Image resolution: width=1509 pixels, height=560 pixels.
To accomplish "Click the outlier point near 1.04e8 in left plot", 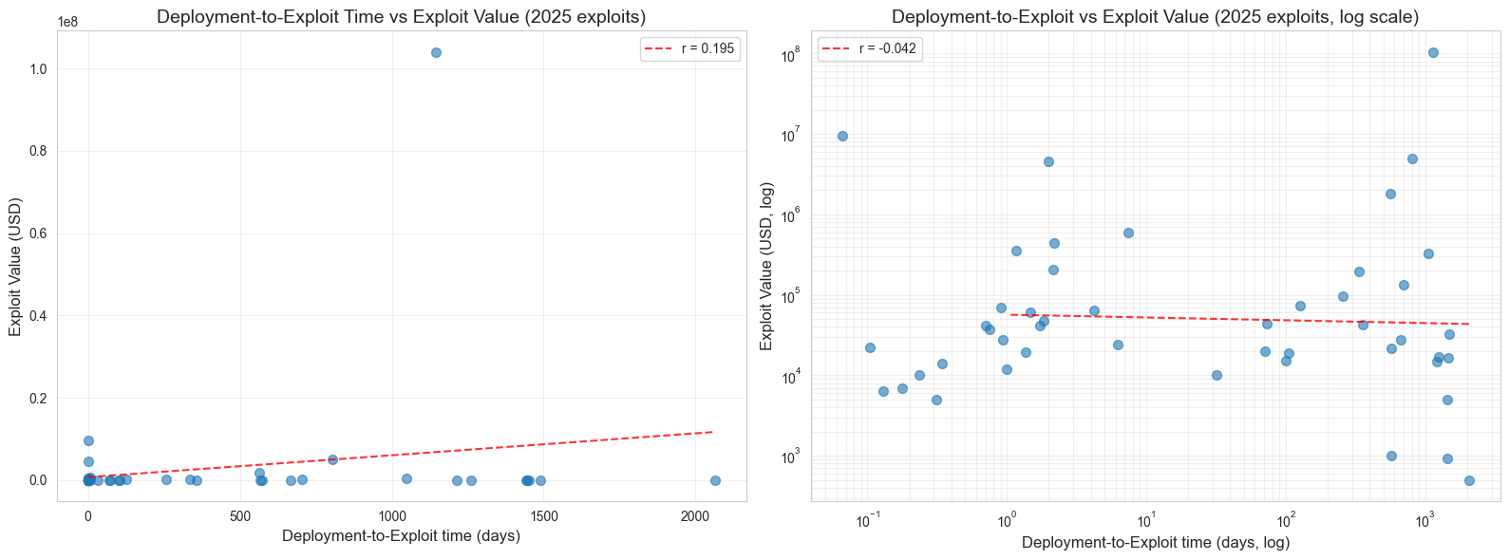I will click(436, 52).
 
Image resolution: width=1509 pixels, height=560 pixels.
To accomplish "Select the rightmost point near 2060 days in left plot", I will click(715, 480).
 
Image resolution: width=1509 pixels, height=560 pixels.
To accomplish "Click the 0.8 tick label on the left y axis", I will click(39, 151).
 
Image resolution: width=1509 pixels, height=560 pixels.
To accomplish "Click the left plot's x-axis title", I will click(401, 536).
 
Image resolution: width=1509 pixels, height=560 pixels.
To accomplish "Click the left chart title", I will click(401, 16).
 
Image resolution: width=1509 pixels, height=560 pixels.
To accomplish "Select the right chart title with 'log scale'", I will click(1156, 16).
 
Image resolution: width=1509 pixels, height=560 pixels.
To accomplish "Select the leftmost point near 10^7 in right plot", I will click(842, 136).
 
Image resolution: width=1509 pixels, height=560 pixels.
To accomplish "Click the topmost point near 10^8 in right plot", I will click(1433, 52).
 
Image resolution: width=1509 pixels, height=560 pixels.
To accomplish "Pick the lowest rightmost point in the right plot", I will click(1469, 480).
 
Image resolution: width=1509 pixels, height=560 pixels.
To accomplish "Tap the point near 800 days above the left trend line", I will click(332, 459).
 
